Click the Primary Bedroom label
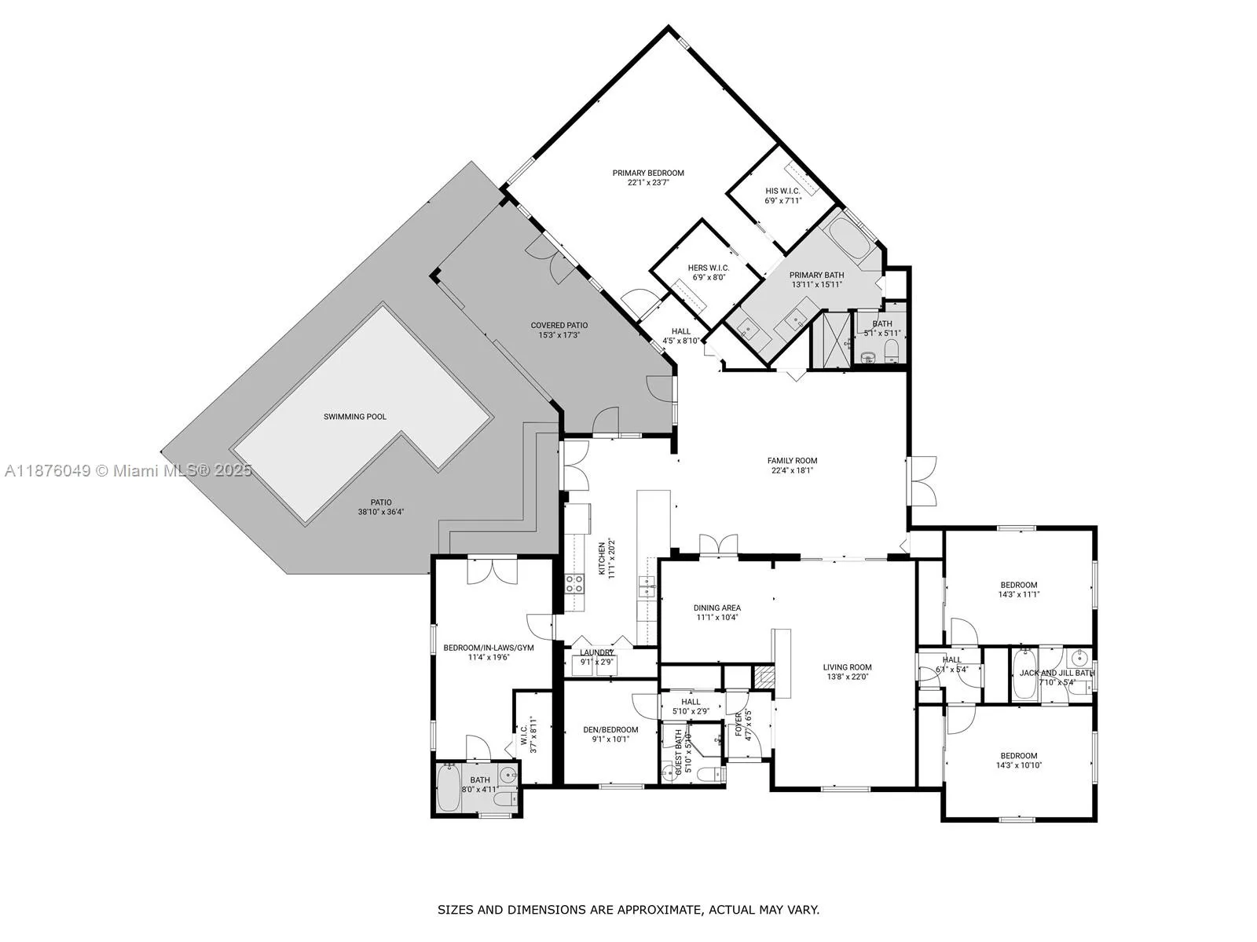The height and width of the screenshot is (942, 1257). [648, 173]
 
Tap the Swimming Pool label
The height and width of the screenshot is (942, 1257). [355, 417]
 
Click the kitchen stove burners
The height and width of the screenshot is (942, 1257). [574, 582]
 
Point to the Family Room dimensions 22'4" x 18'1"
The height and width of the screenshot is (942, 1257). [792, 471]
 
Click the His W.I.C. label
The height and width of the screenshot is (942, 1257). [782, 191]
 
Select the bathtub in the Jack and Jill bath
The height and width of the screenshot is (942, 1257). [1024, 674]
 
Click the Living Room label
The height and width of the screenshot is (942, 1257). [848, 667]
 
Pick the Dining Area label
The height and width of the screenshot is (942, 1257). [716, 608]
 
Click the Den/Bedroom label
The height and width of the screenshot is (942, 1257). [610, 729]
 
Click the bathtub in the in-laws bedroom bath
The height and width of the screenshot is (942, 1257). [450, 789]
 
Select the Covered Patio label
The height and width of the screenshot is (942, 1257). [559, 325]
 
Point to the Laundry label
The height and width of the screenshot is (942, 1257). [597, 652]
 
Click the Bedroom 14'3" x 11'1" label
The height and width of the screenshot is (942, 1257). [1018, 585]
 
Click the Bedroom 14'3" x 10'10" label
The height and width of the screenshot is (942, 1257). [1018, 756]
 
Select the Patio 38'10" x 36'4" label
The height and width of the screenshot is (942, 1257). [381, 502]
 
